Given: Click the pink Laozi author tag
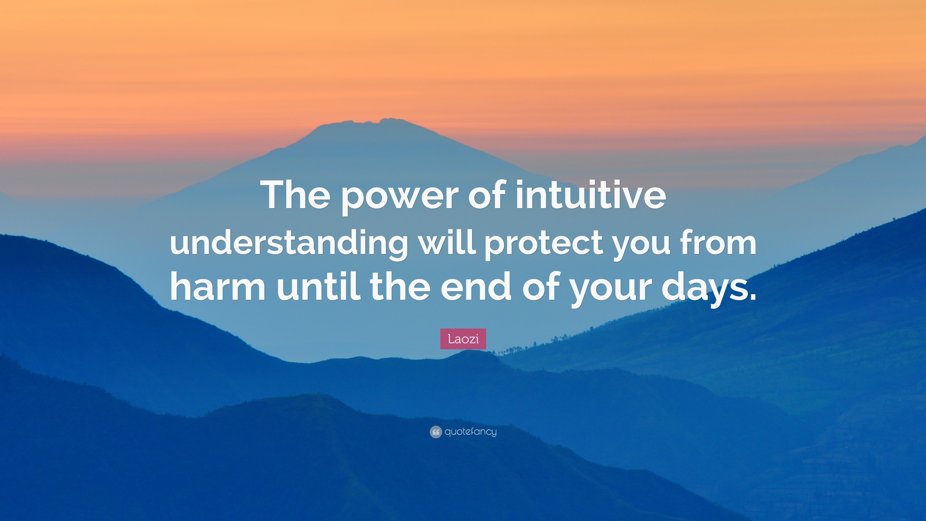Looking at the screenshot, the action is (463, 339).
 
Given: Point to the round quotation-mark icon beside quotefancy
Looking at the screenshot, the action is (435, 432).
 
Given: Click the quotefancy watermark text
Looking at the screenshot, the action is (470, 432).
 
